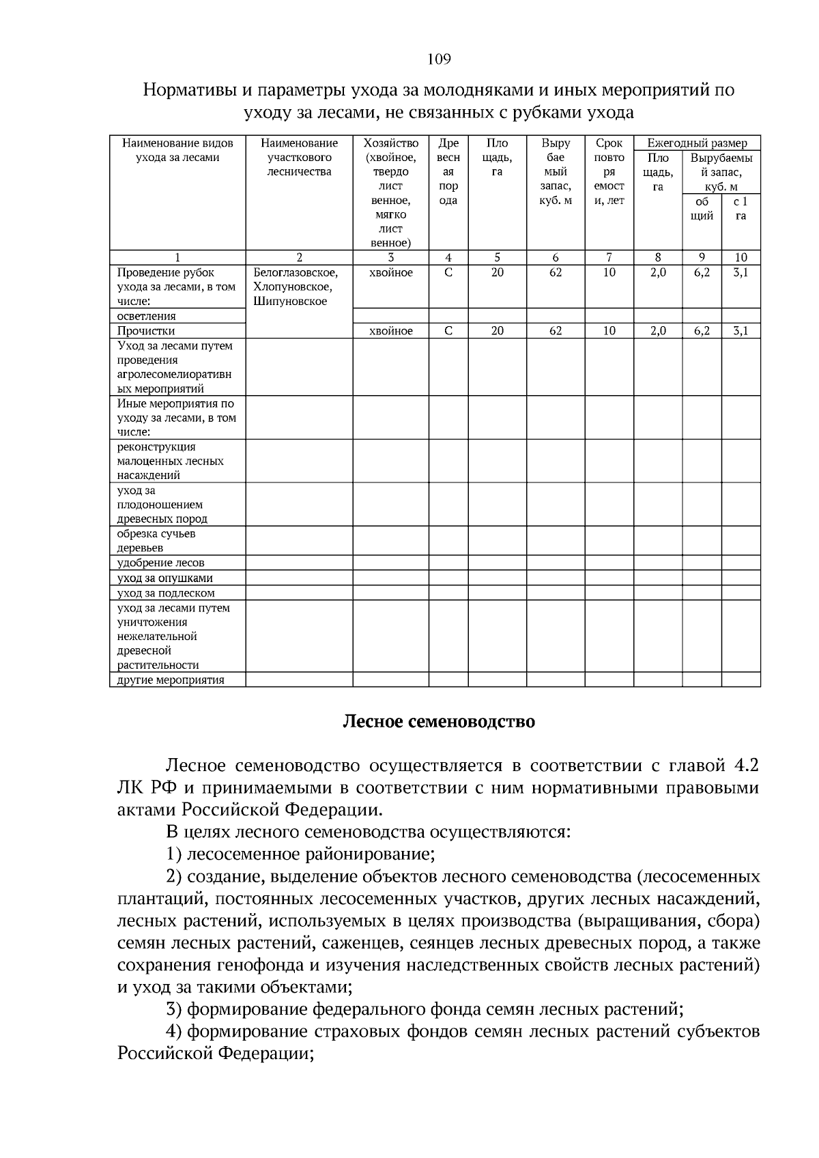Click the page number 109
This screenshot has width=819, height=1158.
pyautogui.click(x=439, y=59)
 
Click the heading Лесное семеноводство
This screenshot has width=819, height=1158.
pyautogui.click(x=438, y=721)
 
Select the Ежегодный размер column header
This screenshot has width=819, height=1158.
pyautogui.click(x=697, y=143)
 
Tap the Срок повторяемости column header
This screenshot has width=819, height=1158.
pyautogui.click(x=609, y=172)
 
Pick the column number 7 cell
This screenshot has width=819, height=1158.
pyautogui.click(x=609, y=257)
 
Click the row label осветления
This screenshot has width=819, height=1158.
pyautogui.click(x=147, y=316)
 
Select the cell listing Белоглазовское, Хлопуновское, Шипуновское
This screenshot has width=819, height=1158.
pyautogui.click(x=296, y=287)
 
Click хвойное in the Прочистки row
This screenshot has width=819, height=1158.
pyautogui.click(x=390, y=331)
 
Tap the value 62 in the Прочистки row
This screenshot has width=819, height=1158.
pyautogui.click(x=556, y=331)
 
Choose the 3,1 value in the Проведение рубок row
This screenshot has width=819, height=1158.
pyautogui.click(x=741, y=272)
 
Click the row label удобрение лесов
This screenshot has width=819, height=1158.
pyautogui.click(x=160, y=563)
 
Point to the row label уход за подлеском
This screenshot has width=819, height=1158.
pyautogui.click(x=166, y=593)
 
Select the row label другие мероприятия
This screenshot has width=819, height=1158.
pyautogui.click(x=171, y=680)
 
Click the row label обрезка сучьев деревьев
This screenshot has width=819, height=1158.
pyautogui.click(x=156, y=540)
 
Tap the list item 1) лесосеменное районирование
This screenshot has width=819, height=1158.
pyautogui.click(x=300, y=854)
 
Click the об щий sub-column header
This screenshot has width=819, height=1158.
pyautogui.click(x=702, y=209)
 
